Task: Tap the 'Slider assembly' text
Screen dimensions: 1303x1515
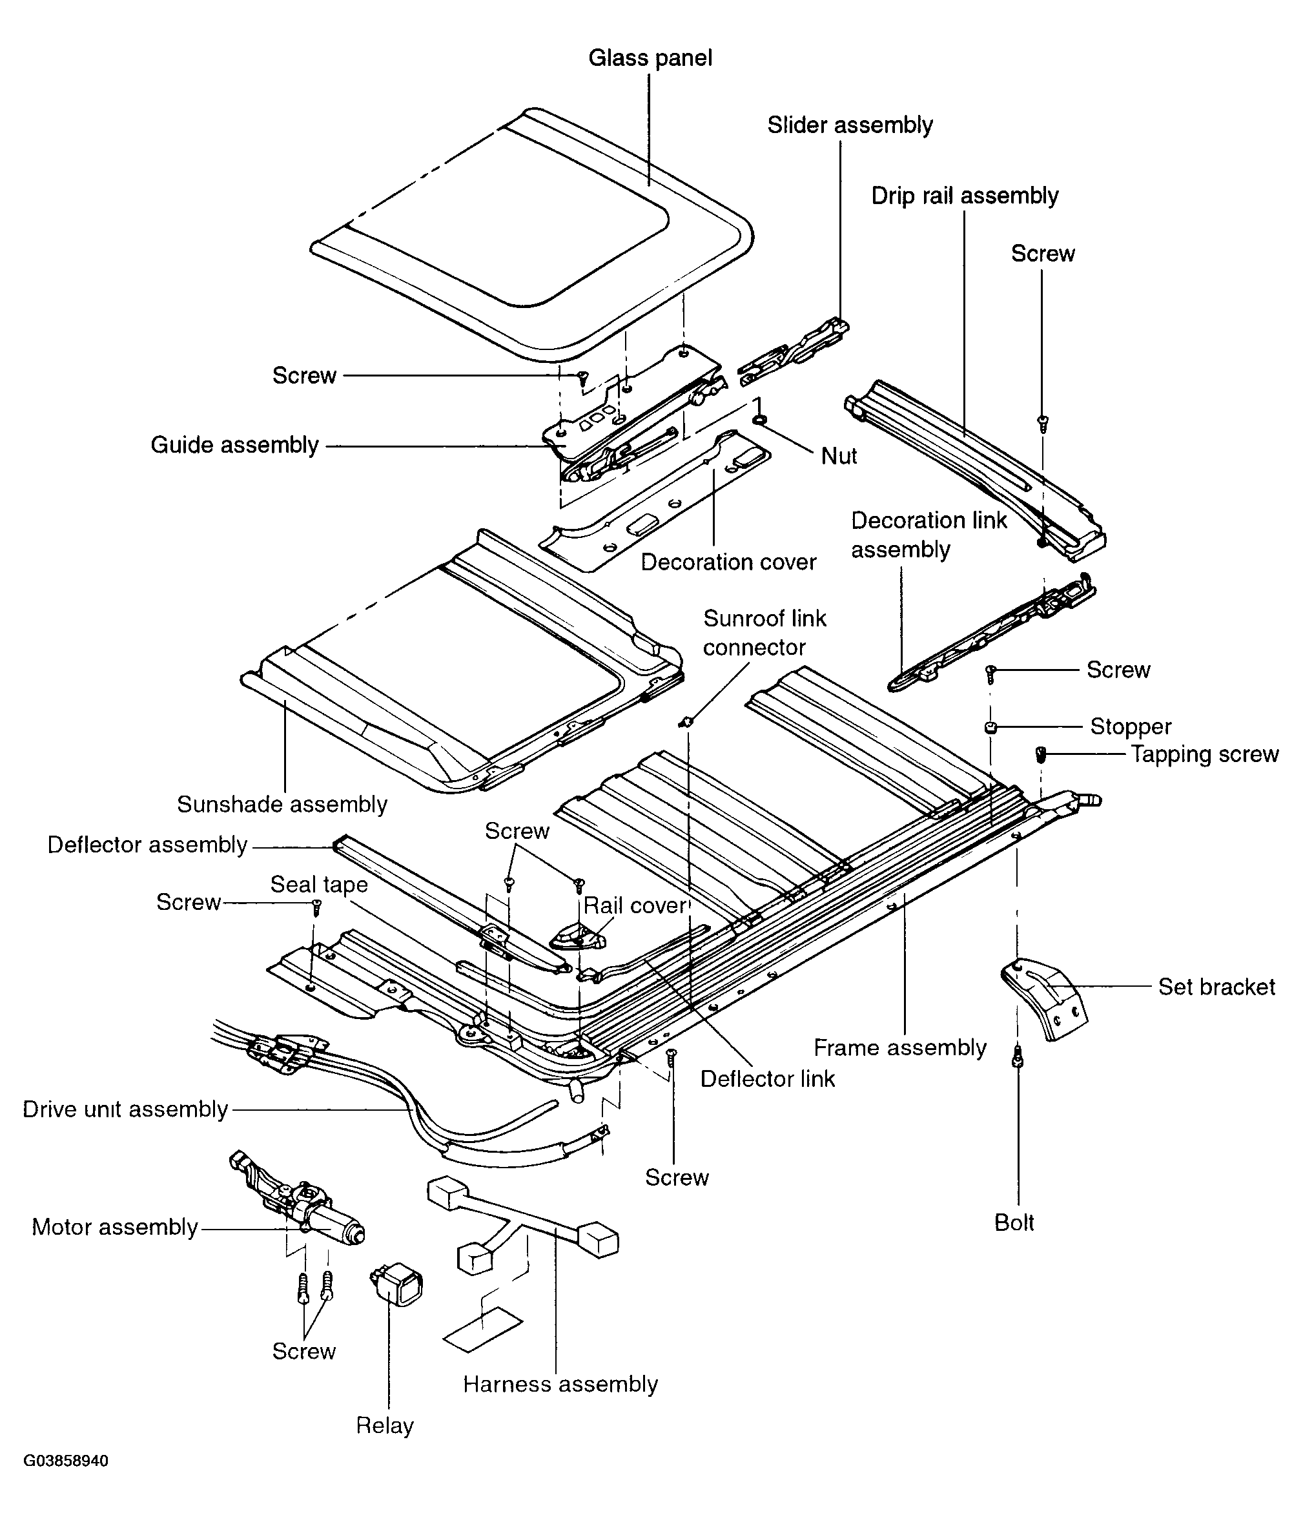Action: point(850,126)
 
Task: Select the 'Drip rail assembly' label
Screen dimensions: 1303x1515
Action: point(965,196)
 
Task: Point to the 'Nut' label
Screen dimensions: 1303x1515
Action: point(839,457)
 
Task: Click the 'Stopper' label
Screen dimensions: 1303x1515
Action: point(1131,727)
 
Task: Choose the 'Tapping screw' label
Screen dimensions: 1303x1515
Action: point(1205,754)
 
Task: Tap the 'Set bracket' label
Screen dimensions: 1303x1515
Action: point(1216,987)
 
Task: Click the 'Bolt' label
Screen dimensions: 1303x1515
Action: point(1014,1222)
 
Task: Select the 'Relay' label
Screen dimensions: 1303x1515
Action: point(385,1425)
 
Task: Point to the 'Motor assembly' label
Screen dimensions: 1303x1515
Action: point(115,1227)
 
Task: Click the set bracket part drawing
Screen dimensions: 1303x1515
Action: point(1045,998)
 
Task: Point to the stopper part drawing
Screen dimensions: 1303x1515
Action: point(990,727)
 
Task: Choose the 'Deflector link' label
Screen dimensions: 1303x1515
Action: point(767,1079)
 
